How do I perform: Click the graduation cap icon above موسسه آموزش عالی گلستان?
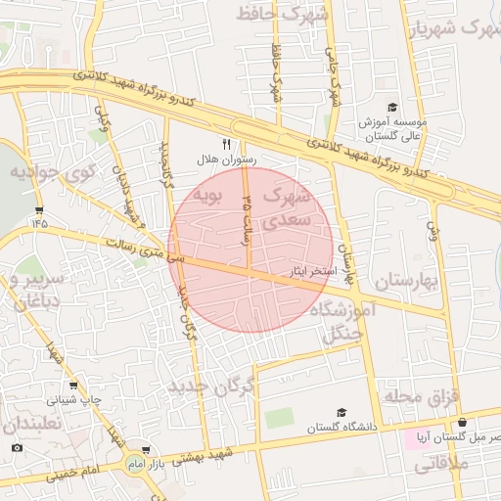[392, 108]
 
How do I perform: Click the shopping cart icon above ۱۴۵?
[39, 209]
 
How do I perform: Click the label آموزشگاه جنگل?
[343, 321]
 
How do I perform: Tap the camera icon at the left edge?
[17, 447]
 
